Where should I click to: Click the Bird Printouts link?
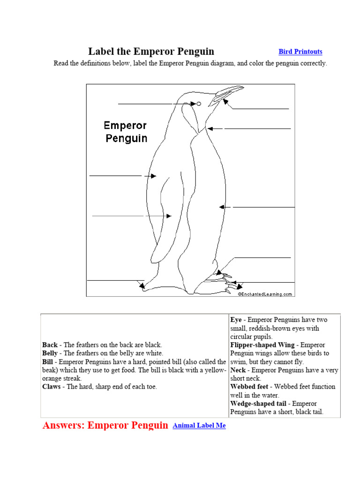tap(300, 52)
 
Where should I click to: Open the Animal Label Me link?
tap(199, 426)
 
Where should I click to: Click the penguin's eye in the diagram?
tap(199, 104)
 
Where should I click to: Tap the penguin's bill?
tap(228, 93)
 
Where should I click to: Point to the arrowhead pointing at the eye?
tap(193, 104)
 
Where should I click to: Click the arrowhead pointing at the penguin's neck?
tap(210, 128)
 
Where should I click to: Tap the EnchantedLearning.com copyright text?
tap(265, 294)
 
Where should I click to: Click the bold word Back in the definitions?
tap(50, 345)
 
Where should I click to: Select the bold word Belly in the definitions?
tap(50, 353)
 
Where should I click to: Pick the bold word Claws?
tap(52, 387)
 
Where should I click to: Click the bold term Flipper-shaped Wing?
tap(262, 345)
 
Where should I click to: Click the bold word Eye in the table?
tap(236, 320)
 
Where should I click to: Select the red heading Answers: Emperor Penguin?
tap(105, 426)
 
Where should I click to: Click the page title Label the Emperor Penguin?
tap(151, 52)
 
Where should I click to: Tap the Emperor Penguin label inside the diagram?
tap(125, 132)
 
